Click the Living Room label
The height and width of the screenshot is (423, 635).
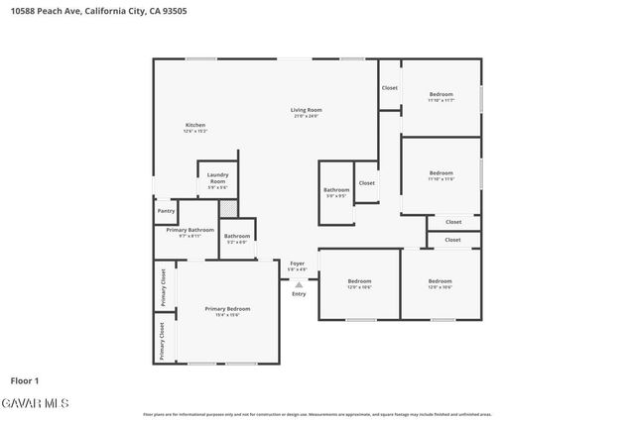point(306,110)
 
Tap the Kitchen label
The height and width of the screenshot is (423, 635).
point(195,125)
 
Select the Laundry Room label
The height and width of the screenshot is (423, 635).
point(217,179)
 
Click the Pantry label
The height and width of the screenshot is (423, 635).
point(165,210)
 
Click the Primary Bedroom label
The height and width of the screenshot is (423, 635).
point(227,309)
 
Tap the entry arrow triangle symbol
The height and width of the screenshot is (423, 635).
point(299,285)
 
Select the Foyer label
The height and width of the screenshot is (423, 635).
point(298,263)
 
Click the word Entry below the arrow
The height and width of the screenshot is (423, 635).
point(299,294)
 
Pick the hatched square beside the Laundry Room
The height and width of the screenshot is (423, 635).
point(229,208)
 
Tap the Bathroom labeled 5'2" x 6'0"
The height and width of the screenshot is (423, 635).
point(236,236)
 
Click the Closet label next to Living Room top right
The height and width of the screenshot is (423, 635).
point(390,88)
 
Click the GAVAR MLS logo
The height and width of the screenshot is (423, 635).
point(35,403)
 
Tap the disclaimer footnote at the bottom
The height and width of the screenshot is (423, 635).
point(317,414)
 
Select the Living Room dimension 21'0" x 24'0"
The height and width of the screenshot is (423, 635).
point(306,117)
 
